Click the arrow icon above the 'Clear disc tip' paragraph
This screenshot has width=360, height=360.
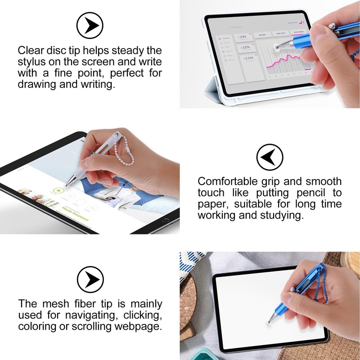90,24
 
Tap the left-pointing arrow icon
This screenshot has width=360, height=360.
270,157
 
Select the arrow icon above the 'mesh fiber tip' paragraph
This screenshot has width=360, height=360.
90,279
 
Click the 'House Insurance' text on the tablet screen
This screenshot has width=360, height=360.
76,215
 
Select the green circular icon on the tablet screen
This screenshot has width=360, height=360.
58,191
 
